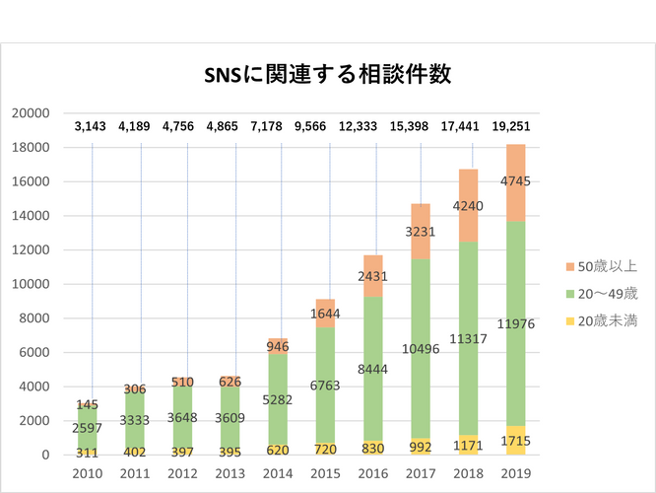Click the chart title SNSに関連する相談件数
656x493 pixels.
pyautogui.click(x=328, y=76)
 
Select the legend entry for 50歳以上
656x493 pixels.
pyautogui.click(x=605, y=266)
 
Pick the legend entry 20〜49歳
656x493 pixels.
pyautogui.click(x=605, y=294)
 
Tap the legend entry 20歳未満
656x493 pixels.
pyautogui.click(x=605, y=321)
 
